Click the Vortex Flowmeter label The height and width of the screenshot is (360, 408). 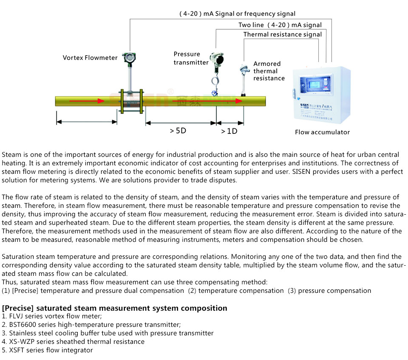[90, 58]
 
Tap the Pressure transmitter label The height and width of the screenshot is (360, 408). [191, 58]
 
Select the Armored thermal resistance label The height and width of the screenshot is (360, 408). [269, 71]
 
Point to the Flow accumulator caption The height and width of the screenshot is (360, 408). [322, 132]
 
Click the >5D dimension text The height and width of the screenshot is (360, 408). [178, 131]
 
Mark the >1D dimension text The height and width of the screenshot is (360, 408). [229, 131]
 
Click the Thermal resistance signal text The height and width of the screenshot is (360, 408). [282, 34]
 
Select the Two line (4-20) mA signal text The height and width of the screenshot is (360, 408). [280, 25]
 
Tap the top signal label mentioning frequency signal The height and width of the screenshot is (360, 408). [237, 14]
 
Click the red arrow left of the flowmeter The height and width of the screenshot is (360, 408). [86, 101]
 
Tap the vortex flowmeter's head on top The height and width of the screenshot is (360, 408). [127, 58]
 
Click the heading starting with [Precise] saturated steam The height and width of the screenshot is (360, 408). [115, 308]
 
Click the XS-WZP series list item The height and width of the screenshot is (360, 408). [73, 342]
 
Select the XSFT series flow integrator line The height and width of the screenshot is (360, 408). [47, 350]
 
